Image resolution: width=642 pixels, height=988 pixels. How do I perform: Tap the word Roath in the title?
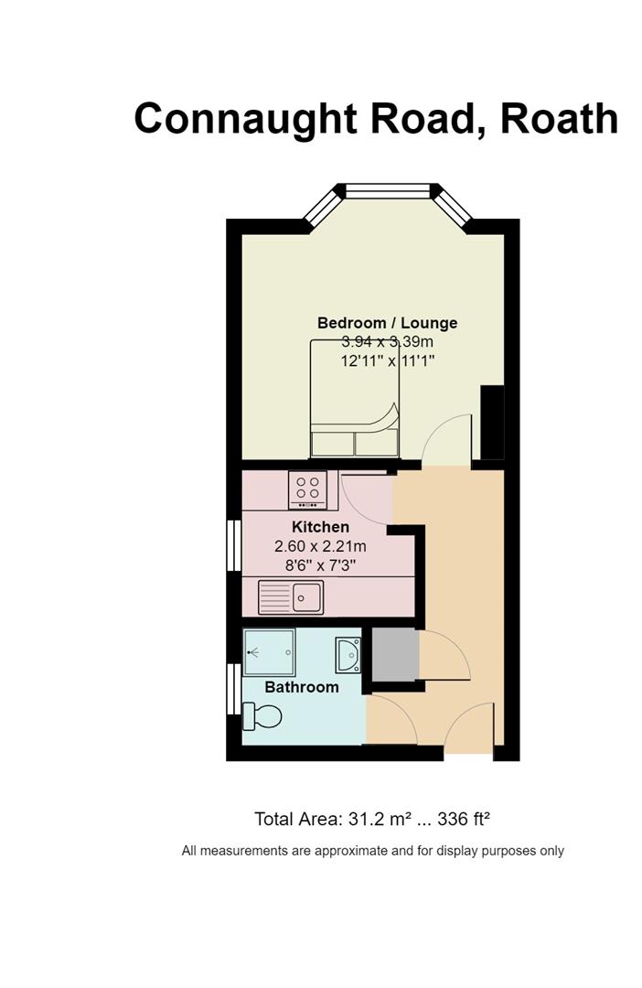click(x=559, y=118)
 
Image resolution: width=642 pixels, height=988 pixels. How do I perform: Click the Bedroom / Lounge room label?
click(x=387, y=323)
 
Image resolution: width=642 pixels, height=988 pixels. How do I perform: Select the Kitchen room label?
click(x=320, y=527)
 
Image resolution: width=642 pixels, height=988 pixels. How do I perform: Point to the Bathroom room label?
click(x=302, y=687)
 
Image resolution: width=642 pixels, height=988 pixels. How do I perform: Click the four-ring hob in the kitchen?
click(x=307, y=489)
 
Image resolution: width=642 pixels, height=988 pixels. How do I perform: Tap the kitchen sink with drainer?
click(x=291, y=596)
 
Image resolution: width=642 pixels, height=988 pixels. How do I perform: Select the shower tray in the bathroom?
click(x=269, y=652)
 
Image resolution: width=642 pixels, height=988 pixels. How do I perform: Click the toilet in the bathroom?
click(x=262, y=716)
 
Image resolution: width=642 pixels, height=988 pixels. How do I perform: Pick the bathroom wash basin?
click(x=348, y=655)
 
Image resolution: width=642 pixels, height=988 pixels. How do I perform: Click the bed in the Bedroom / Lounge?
click(x=354, y=398)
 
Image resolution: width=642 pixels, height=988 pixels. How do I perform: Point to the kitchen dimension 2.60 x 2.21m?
click(x=320, y=546)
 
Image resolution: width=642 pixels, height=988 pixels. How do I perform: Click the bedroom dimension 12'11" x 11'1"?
click(x=388, y=361)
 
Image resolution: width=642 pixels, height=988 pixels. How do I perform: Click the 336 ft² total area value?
click(x=464, y=819)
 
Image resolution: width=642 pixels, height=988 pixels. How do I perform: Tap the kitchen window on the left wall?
click(x=234, y=545)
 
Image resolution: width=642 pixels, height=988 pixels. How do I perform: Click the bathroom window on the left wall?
click(x=234, y=689)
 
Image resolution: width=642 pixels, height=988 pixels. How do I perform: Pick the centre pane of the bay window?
click(x=388, y=190)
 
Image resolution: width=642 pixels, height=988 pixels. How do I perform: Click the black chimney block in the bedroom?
click(x=492, y=423)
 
